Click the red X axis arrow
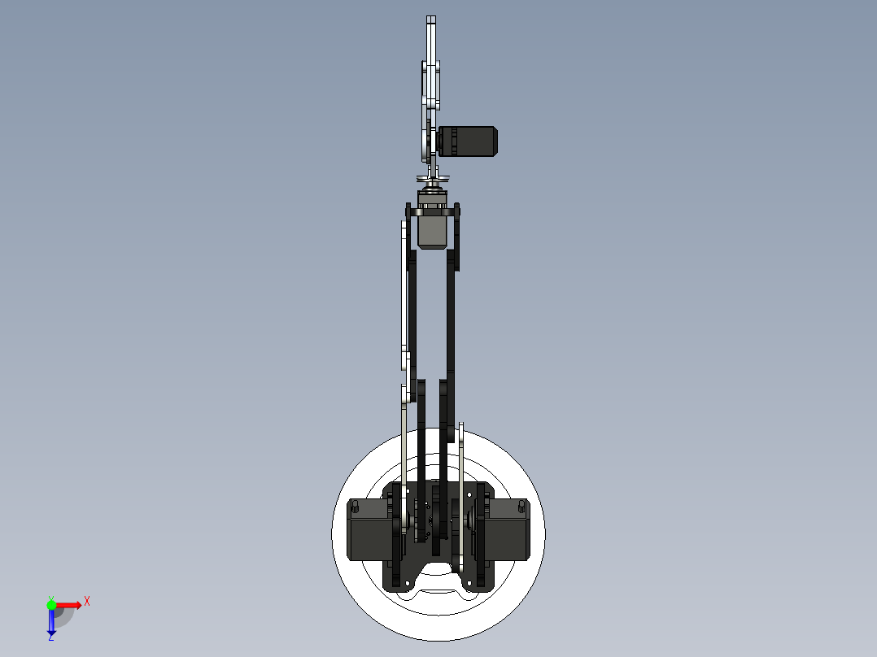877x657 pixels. click(70, 604)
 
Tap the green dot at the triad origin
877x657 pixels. click(51, 604)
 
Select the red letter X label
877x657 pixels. click(87, 602)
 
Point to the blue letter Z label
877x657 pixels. click(50, 638)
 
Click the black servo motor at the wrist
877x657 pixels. click(468, 141)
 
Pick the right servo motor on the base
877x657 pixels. click(508, 530)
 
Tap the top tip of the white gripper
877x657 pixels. click(431, 20)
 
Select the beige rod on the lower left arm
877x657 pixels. click(403, 455)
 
